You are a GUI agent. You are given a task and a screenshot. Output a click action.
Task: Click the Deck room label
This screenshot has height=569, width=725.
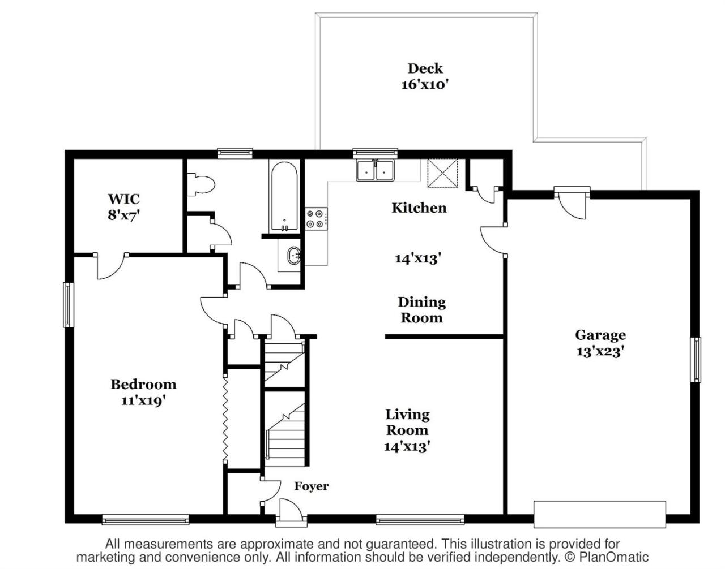[x=425, y=68]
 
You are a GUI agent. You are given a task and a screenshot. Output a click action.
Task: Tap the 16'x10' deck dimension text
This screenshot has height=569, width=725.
[x=425, y=85]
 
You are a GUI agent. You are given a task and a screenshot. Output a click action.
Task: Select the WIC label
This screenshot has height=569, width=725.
[x=123, y=199]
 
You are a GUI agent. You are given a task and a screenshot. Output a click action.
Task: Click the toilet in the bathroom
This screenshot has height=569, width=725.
[x=202, y=184]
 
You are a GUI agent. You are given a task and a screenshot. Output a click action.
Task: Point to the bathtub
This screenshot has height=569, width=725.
[x=284, y=197]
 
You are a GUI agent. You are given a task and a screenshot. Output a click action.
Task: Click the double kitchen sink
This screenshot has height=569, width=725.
[x=375, y=170]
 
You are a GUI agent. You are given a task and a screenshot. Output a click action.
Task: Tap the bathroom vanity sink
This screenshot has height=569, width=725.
[x=294, y=256]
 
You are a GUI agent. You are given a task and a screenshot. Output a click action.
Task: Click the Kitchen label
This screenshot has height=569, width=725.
[x=419, y=208]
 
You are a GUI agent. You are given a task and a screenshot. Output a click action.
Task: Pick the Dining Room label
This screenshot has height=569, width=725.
[x=421, y=310]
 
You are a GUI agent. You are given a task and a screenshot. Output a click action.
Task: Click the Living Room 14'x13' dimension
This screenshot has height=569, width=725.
[x=407, y=446]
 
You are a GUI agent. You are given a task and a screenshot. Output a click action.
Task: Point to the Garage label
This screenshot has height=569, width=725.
[x=600, y=335]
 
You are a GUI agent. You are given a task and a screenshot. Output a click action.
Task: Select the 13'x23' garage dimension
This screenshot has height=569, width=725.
[x=600, y=351]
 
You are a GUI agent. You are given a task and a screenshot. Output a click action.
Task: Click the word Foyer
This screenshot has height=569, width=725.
[x=311, y=486]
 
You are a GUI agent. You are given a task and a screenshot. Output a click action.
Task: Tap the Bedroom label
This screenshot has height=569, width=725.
[x=143, y=385]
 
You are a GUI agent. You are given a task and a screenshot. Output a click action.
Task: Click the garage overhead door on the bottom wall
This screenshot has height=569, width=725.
[x=599, y=514]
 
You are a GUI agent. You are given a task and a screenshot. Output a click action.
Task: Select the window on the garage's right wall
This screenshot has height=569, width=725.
[x=695, y=360]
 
